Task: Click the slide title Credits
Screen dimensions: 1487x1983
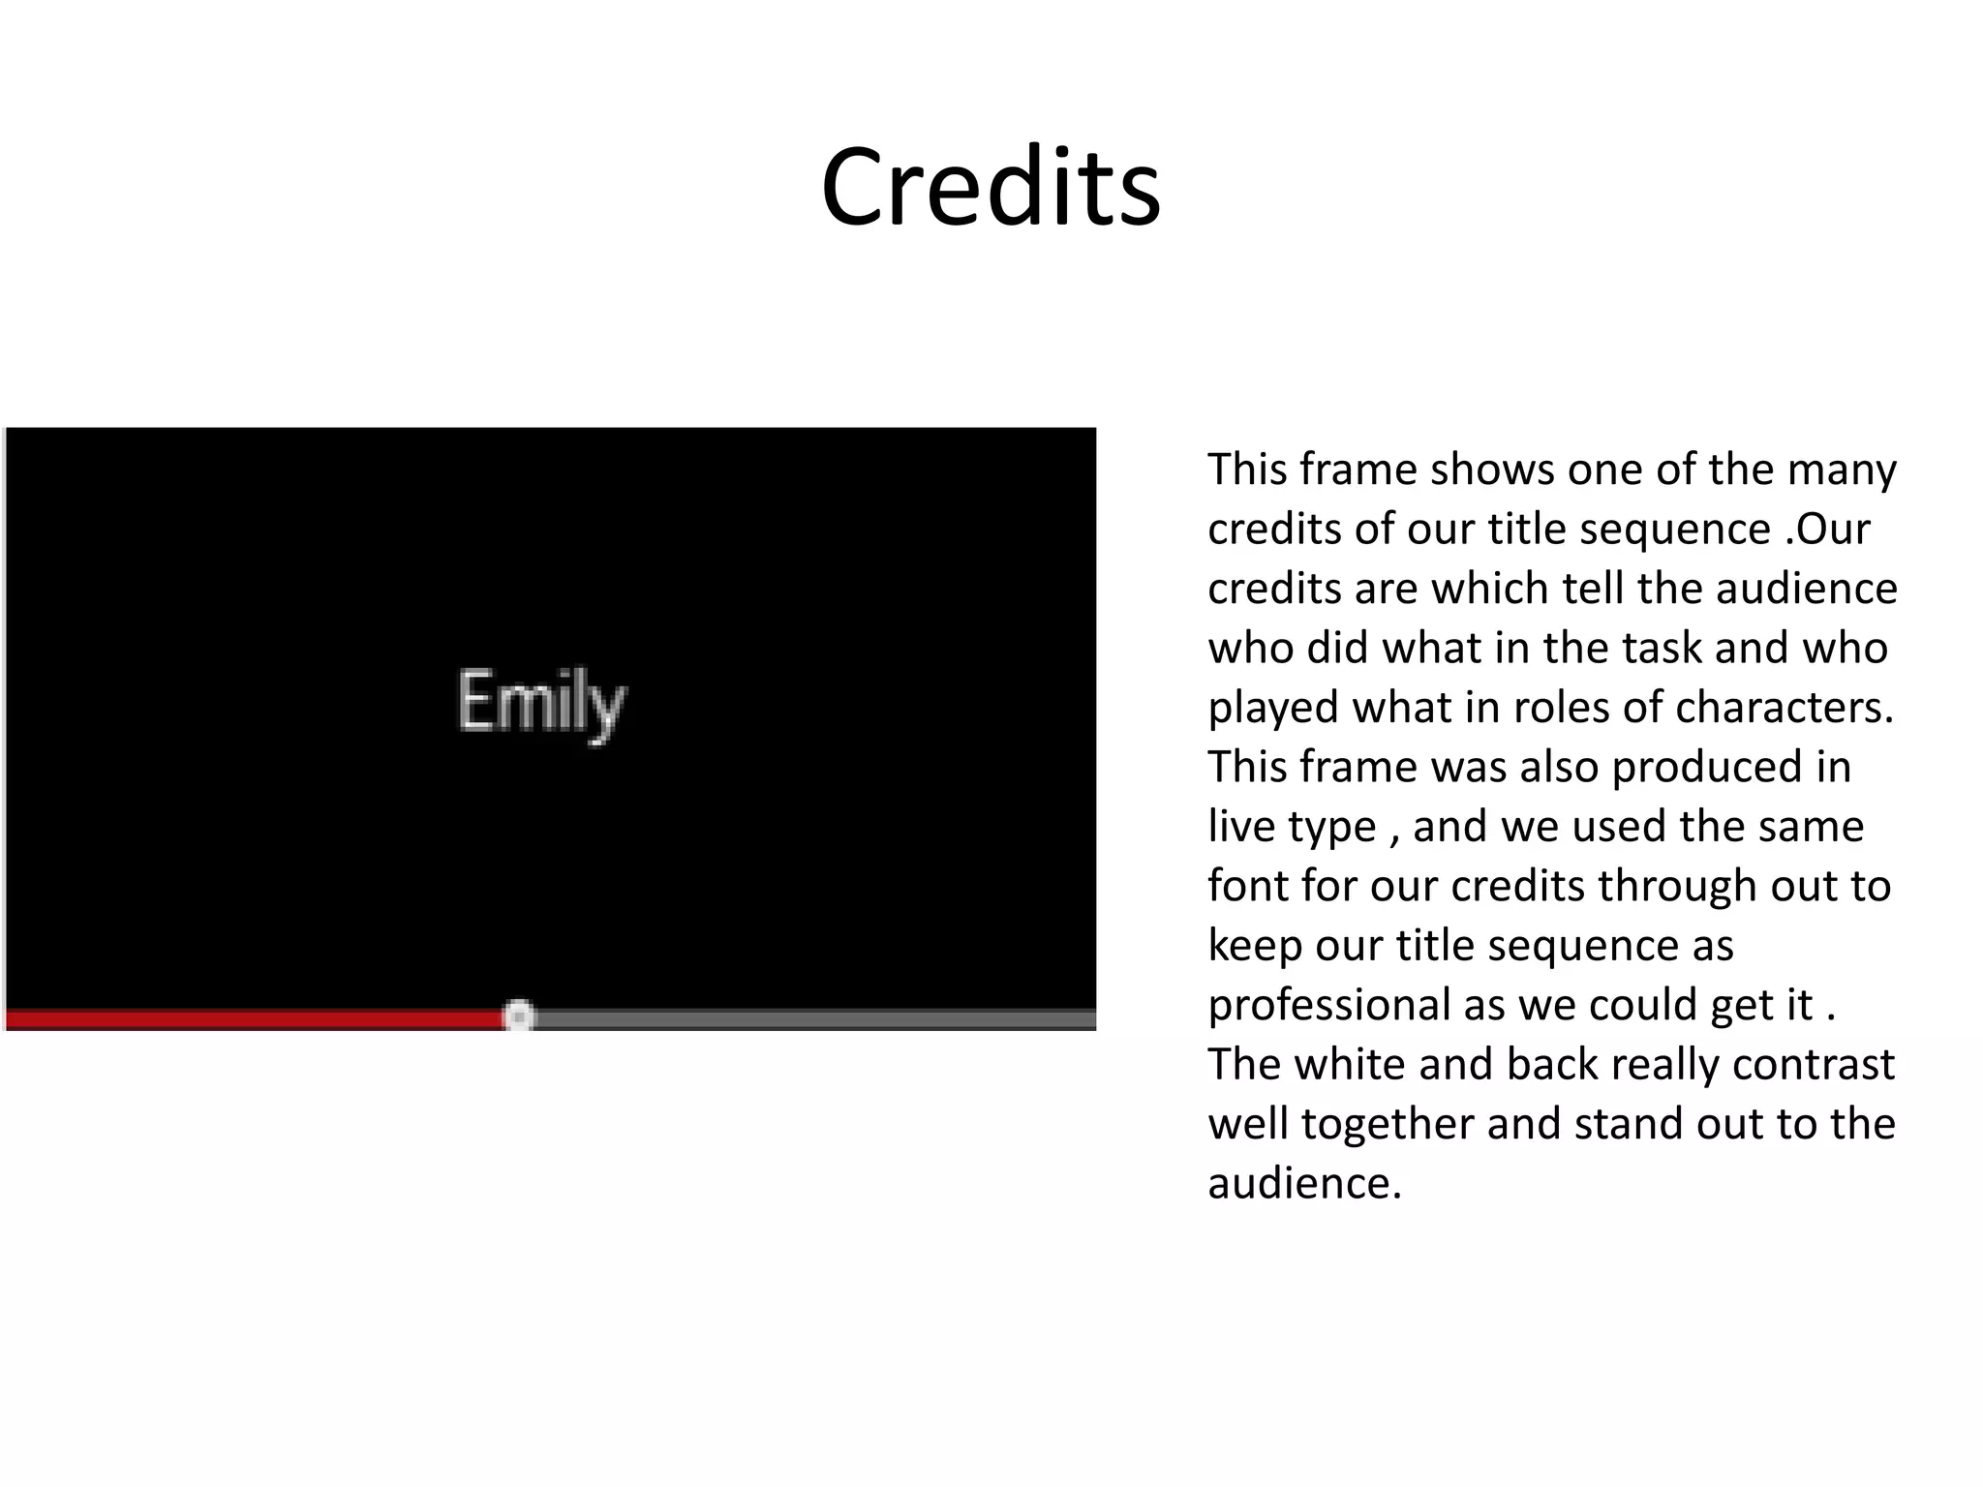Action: click(x=991, y=186)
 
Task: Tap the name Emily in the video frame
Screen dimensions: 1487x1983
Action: click(x=541, y=704)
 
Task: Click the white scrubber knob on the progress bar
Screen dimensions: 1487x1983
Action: click(x=519, y=1017)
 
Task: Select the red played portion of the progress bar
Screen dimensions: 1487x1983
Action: click(x=252, y=1018)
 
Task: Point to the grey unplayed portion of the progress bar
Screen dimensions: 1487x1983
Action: click(x=813, y=1018)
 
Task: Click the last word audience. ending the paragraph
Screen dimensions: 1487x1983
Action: click(x=1304, y=1183)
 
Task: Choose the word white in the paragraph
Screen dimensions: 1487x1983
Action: click(x=1350, y=1064)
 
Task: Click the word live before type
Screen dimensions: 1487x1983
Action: click(x=1241, y=827)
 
